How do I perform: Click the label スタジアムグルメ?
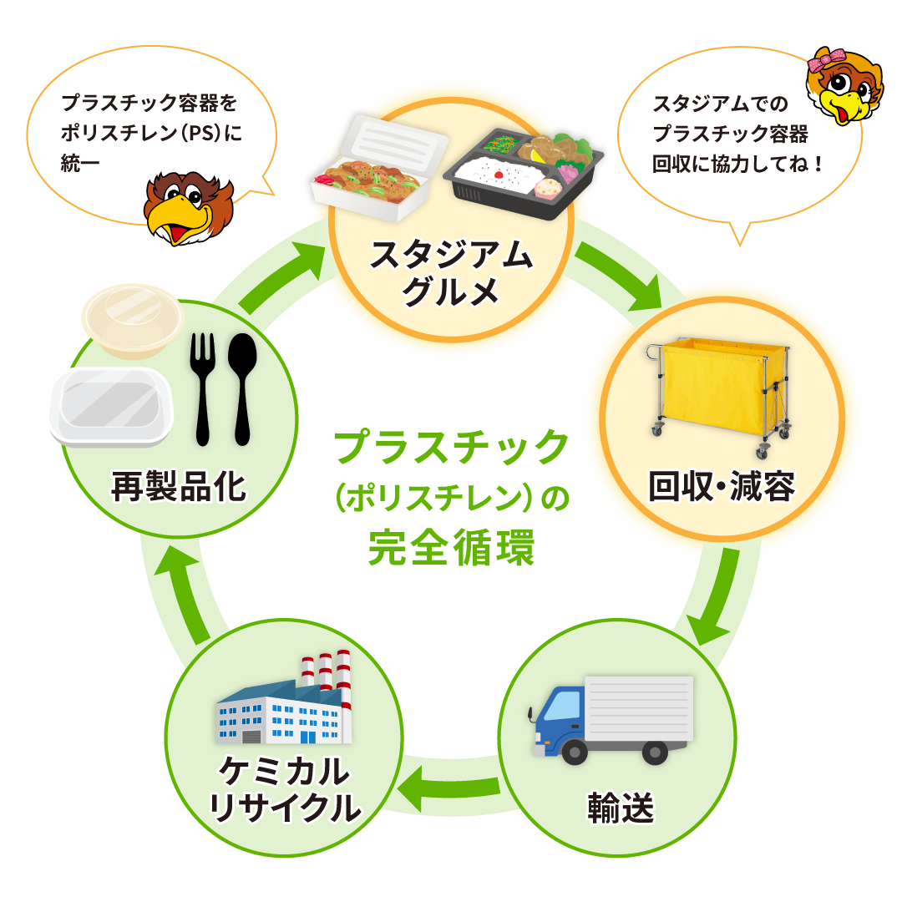[450, 274]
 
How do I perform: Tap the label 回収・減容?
[722, 487]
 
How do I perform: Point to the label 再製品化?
[180, 487]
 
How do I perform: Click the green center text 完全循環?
[451, 547]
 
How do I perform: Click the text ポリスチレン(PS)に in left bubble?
[150, 134]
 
